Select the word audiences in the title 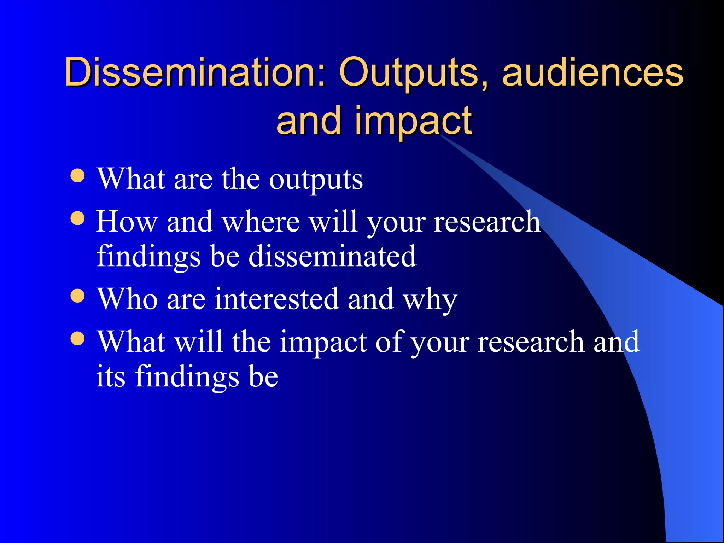592,72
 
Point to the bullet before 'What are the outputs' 77,175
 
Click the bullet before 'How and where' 77,218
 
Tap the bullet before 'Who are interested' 77,296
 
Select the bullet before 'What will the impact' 77,338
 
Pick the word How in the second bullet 127,222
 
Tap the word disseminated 332,256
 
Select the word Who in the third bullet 127,299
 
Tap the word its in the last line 111,376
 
